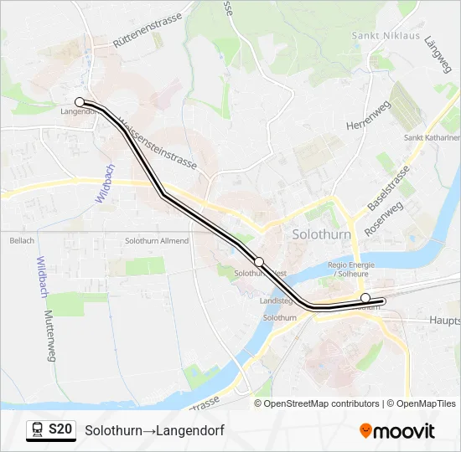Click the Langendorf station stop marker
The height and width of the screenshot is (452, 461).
[80, 102]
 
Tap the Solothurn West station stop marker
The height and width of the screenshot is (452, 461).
[259, 262]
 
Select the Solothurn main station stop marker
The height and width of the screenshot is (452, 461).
[365, 298]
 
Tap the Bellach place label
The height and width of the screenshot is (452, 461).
[22, 241]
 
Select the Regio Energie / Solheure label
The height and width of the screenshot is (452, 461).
[354, 269]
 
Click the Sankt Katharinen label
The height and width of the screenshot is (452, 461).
[433, 138]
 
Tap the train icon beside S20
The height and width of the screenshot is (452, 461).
[37, 430]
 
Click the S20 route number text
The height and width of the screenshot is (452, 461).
[60, 430]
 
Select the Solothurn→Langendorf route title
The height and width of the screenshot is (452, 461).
[154, 430]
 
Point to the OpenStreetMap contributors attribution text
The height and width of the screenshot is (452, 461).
[321, 403]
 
